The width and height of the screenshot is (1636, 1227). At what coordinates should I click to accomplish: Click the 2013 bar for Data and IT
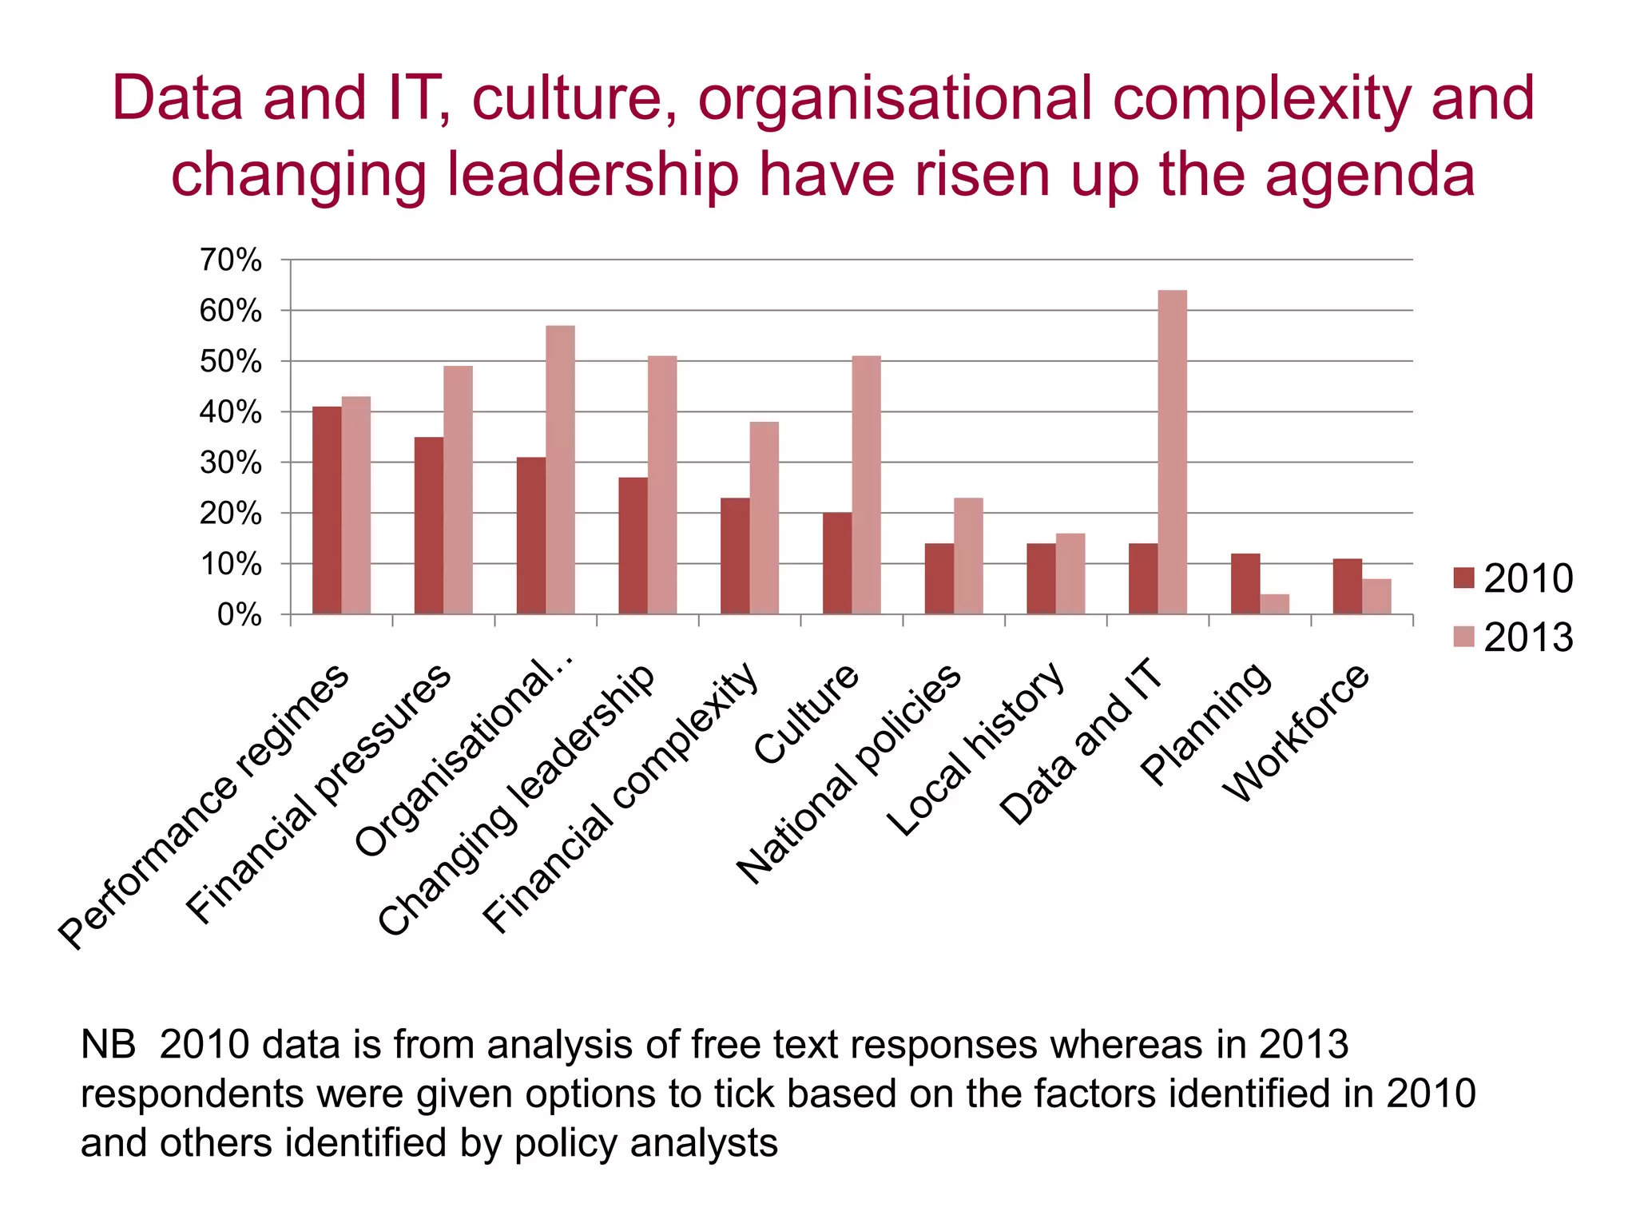pyautogui.click(x=1172, y=452)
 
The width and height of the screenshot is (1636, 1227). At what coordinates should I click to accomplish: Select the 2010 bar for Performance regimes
pyautogui.click(x=327, y=510)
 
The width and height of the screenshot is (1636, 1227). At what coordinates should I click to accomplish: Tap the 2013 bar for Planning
pyautogui.click(x=1274, y=604)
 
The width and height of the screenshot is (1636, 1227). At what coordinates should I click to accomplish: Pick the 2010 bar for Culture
pyautogui.click(x=837, y=563)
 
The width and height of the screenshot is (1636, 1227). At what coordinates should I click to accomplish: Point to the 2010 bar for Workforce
pyautogui.click(x=1347, y=586)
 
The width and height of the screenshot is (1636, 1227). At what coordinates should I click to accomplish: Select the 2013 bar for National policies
pyautogui.click(x=968, y=556)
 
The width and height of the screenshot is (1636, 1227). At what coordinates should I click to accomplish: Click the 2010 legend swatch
pyautogui.click(x=1463, y=578)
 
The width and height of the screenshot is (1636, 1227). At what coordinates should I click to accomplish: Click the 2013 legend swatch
pyautogui.click(x=1463, y=637)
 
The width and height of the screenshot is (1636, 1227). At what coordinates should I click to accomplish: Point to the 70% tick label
pyautogui.click(x=230, y=260)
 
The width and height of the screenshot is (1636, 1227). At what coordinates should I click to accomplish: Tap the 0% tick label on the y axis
pyautogui.click(x=239, y=615)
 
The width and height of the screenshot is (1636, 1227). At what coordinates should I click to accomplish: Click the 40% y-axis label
pyautogui.click(x=230, y=412)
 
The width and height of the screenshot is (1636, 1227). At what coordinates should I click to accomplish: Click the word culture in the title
pyautogui.click(x=575, y=99)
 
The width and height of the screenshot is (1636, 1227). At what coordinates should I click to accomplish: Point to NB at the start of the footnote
pyautogui.click(x=108, y=1045)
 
